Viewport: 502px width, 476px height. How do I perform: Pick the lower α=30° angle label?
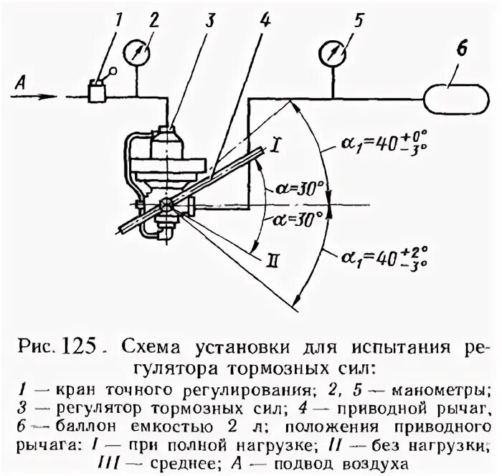[x=294, y=219]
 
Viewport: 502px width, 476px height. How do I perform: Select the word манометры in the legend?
[x=442, y=391]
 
